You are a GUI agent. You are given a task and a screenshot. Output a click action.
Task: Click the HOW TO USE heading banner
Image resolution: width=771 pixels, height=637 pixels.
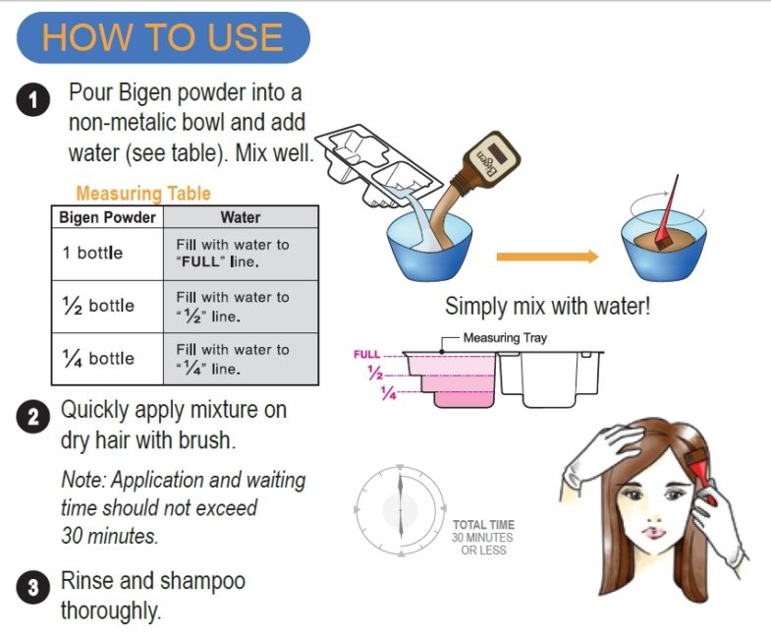pyautogui.click(x=163, y=38)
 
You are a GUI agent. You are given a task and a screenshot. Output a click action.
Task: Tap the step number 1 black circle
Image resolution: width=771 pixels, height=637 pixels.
pyautogui.click(x=33, y=100)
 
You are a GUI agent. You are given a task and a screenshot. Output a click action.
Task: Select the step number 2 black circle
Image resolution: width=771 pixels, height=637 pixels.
pyautogui.click(x=33, y=417)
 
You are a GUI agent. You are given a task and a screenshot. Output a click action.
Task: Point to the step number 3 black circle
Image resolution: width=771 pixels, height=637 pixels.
pyautogui.click(x=33, y=587)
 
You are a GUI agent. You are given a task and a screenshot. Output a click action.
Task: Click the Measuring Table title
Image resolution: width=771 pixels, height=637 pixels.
pyautogui.click(x=143, y=193)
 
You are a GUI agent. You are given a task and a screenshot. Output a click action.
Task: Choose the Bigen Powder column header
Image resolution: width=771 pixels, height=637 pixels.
pyautogui.click(x=107, y=217)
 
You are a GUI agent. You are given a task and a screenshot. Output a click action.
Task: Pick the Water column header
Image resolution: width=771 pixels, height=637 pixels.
pyautogui.click(x=241, y=217)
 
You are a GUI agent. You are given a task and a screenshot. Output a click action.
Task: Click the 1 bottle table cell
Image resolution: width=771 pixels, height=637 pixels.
pyautogui.click(x=107, y=254)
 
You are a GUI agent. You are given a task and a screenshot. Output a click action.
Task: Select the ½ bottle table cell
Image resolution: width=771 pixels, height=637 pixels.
pyautogui.click(x=107, y=307)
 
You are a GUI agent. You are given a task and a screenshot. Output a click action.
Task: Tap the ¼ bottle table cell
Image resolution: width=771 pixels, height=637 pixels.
pyautogui.click(x=107, y=359)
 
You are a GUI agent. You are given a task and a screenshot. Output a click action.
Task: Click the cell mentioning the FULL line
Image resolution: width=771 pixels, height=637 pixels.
pyautogui.click(x=241, y=254)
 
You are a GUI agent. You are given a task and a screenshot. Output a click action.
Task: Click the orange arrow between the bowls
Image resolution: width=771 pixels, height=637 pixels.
pyautogui.click(x=547, y=257)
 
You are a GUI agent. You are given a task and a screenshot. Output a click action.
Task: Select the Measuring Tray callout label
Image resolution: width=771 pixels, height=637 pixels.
pyautogui.click(x=505, y=338)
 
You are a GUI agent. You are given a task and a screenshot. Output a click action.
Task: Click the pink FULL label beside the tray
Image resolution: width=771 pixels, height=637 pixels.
pyautogui.click(x=366, y=355)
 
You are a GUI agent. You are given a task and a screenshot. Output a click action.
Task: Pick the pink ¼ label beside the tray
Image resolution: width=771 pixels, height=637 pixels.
pyautogui.click(x=388, y=393)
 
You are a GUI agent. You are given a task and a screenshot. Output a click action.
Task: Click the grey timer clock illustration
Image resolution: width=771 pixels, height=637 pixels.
pyautogui.click(x=401, y=510)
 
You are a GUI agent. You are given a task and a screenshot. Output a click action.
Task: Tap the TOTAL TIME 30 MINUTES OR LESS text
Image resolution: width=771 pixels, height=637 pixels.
pyautogui.click(x=483, y=538)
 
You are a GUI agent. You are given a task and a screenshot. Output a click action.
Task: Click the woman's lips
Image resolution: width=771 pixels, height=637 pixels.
pyautogui.click(x=653, y=533)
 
